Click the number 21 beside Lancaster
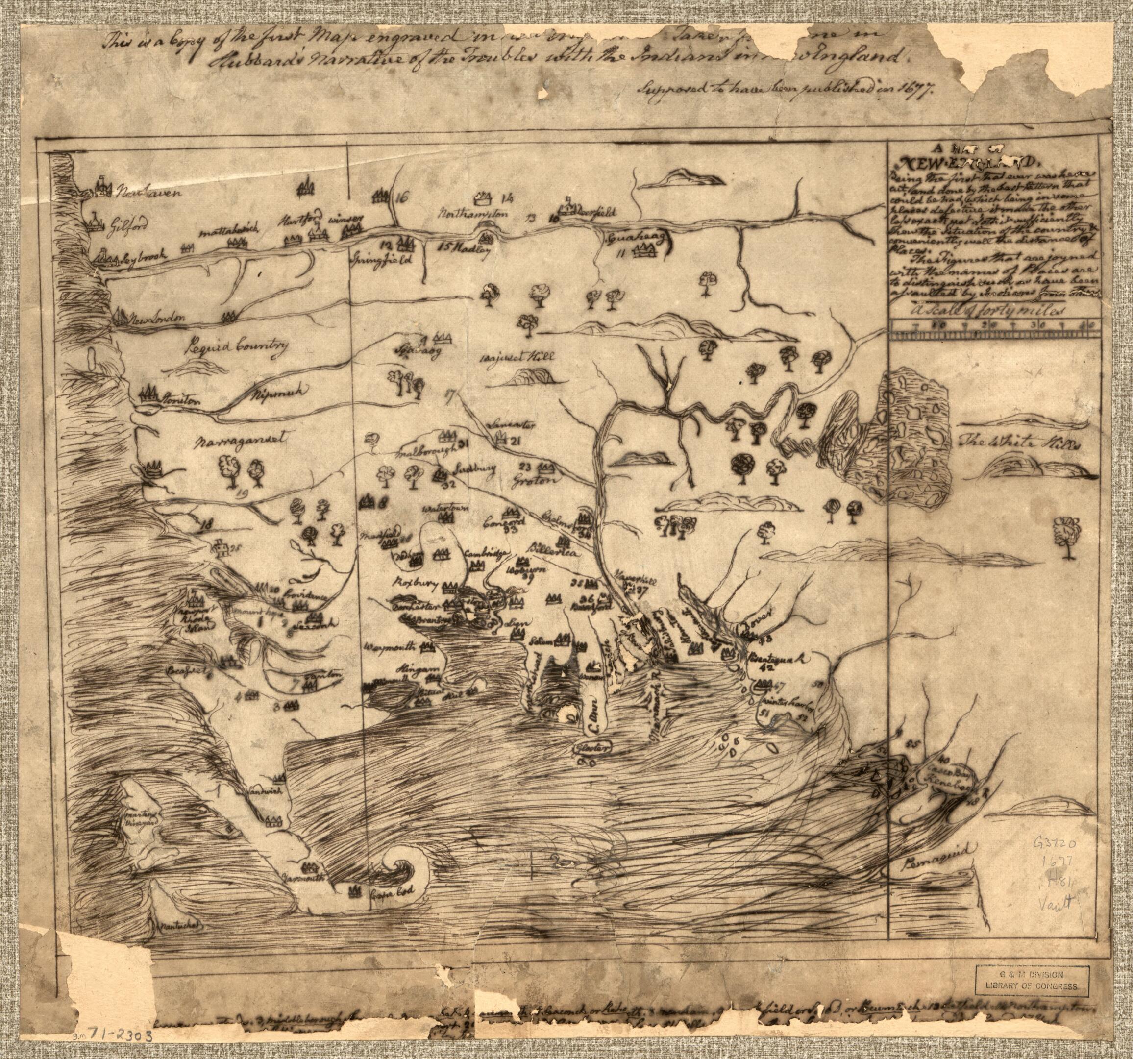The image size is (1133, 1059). tap(517, 441)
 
